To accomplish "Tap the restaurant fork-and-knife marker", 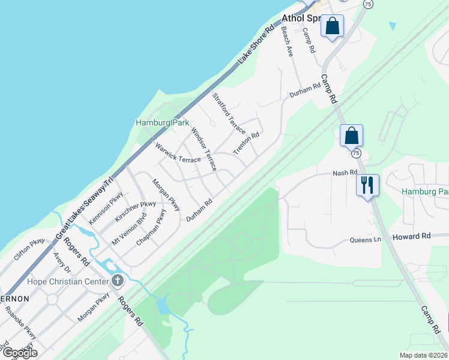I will (367, 185).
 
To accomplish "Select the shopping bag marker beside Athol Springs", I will (333, 27).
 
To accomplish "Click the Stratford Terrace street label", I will (229, 113).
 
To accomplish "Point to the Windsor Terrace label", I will (203, 149).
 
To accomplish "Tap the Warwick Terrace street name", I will (177, 152).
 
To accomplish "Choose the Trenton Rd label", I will (246, 143).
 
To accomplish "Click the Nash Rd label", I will (345, 173).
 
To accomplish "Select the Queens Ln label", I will (366, 240).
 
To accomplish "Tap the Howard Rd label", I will (412, 237).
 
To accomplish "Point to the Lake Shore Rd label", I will (256, 45).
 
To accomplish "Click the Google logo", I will (19, 353).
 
